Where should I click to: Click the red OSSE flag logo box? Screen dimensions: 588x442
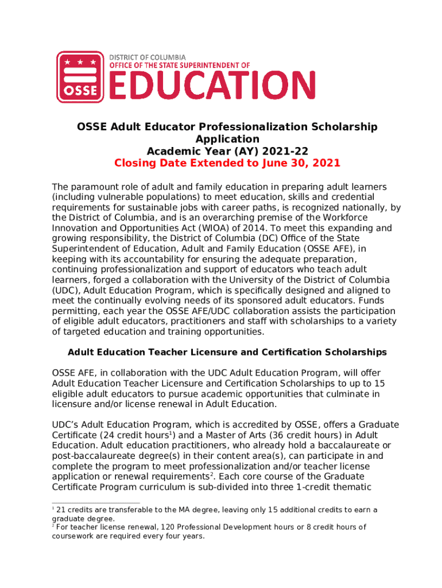[x=80, y=77]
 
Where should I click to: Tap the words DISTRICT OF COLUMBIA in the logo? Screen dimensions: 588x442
[x=148, y=57]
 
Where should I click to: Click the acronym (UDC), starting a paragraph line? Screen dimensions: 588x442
[x=65, y=291]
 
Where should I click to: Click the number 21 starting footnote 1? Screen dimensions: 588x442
[x=61, y=510]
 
